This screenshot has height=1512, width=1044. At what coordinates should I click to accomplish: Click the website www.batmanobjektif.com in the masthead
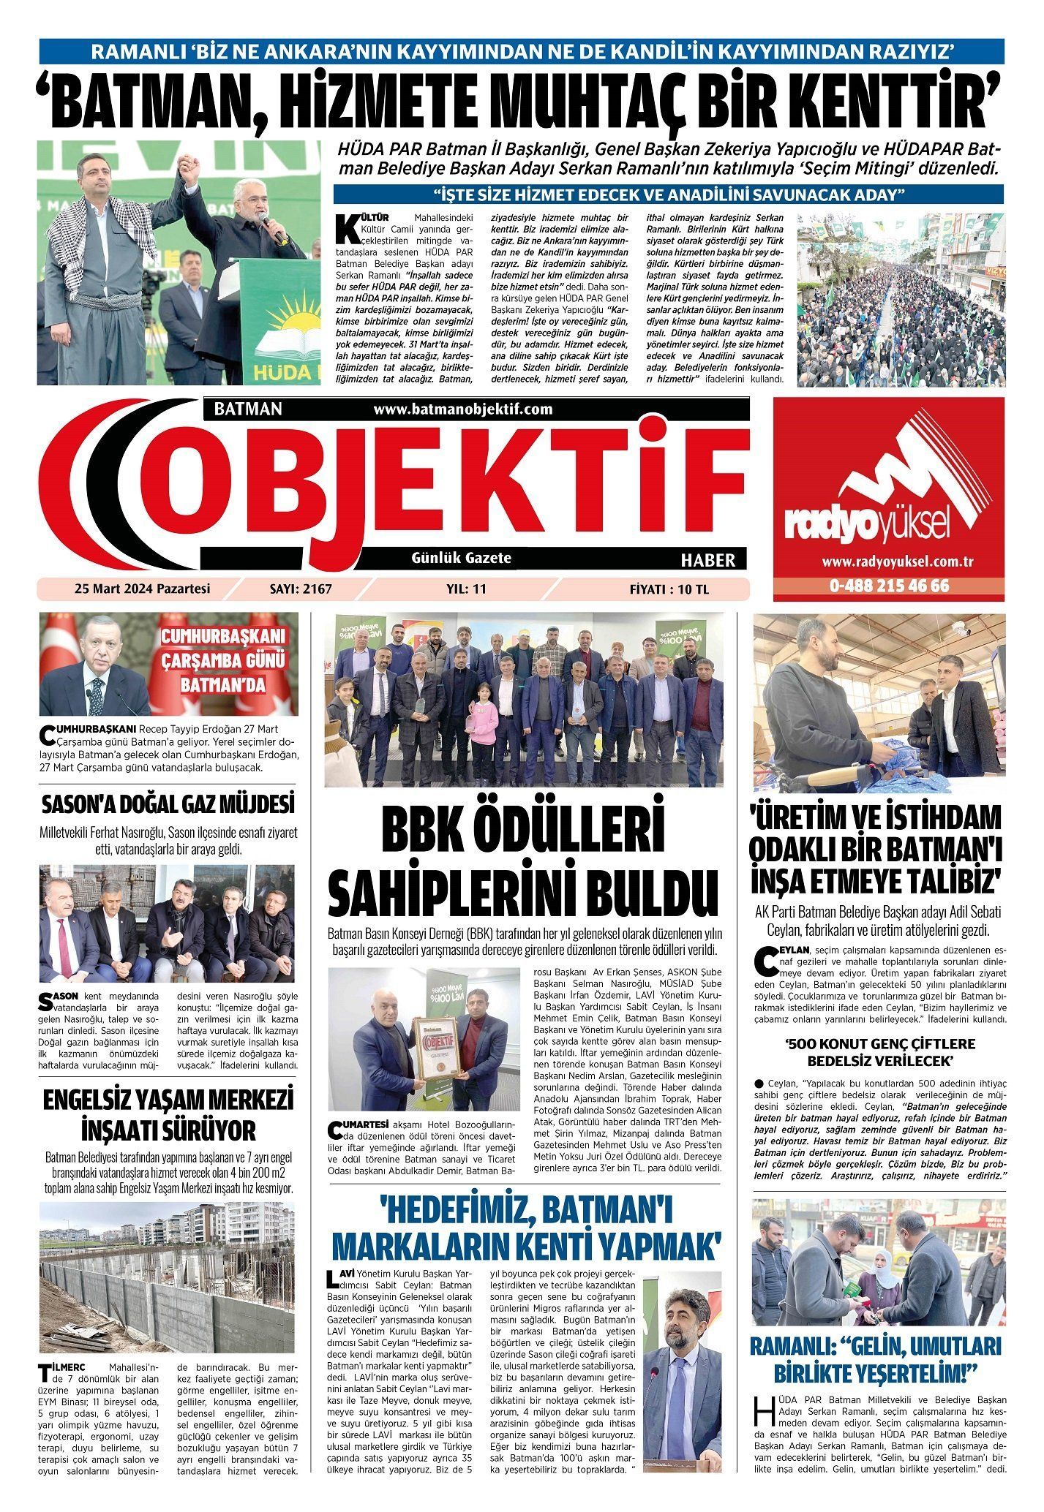tap(462, 409)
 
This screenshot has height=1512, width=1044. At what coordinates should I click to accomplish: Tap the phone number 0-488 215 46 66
tap(889, 586)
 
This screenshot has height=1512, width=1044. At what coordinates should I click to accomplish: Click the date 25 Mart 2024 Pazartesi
tap(142, 589)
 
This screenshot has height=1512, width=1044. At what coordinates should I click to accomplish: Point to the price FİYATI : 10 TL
tap(669, 589)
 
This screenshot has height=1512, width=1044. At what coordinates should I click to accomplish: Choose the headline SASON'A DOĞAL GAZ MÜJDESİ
tap(168, 805)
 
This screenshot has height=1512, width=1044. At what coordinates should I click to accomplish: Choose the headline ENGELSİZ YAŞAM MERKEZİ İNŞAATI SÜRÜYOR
tap(168, 1116)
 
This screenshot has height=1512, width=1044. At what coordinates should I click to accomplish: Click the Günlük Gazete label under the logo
tap(462, 558)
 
